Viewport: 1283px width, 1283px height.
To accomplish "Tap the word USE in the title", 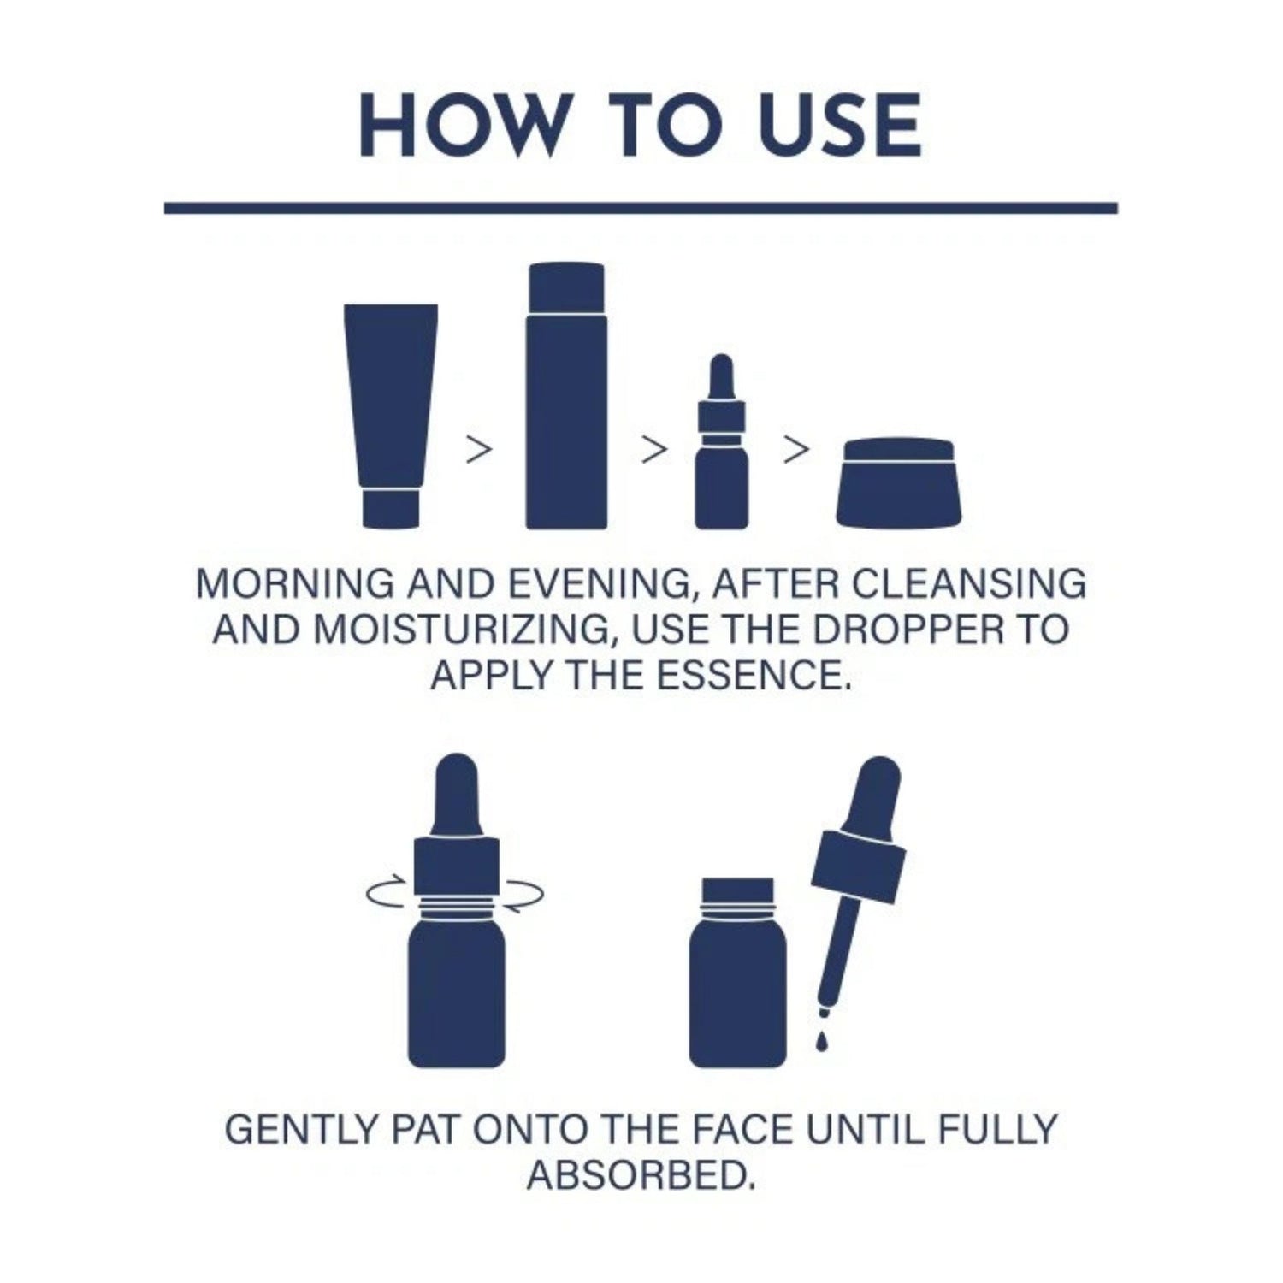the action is tap(828, 127).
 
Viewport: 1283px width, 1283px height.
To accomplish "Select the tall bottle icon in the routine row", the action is tap(566, 395).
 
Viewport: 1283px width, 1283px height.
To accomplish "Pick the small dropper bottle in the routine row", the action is tap(722, 440).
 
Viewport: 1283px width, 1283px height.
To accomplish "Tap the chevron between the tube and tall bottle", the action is tap(480, 451).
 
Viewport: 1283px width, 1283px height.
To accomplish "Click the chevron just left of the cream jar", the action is tap(795, 451).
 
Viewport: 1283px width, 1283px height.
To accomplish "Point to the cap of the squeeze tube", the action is tap(390, 509).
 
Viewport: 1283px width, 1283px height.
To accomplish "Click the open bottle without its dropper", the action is tap(737, 973).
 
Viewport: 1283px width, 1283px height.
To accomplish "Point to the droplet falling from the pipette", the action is tap(822, 1042).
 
